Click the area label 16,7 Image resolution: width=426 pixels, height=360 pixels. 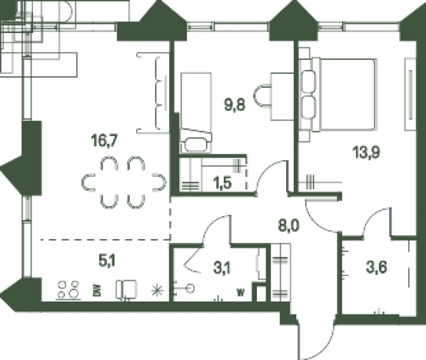point(105,141)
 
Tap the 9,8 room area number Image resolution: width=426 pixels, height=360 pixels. point(235,105)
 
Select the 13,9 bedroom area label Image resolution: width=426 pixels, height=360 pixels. point(366,152)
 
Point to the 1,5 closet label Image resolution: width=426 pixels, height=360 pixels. point(222,183)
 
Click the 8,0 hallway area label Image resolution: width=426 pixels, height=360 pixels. point(288,225)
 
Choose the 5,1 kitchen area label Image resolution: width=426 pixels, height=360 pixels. point(107,261)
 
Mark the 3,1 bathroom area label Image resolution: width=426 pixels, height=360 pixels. point(222,268)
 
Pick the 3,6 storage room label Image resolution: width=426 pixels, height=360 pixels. point(376,268)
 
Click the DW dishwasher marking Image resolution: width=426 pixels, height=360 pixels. point(98,290)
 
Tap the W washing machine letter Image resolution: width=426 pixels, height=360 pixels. point(241,292)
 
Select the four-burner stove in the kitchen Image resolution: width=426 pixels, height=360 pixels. point(68,290)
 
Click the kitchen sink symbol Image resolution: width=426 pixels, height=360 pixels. point(126,290)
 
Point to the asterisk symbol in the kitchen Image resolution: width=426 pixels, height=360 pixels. point(158,290)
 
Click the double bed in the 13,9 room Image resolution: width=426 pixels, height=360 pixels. point(338,95)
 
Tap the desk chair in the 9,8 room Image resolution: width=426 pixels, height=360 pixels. point(262,96)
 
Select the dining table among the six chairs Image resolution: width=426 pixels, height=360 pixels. point(123,182)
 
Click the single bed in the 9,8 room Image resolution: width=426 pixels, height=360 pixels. point(196,113)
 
